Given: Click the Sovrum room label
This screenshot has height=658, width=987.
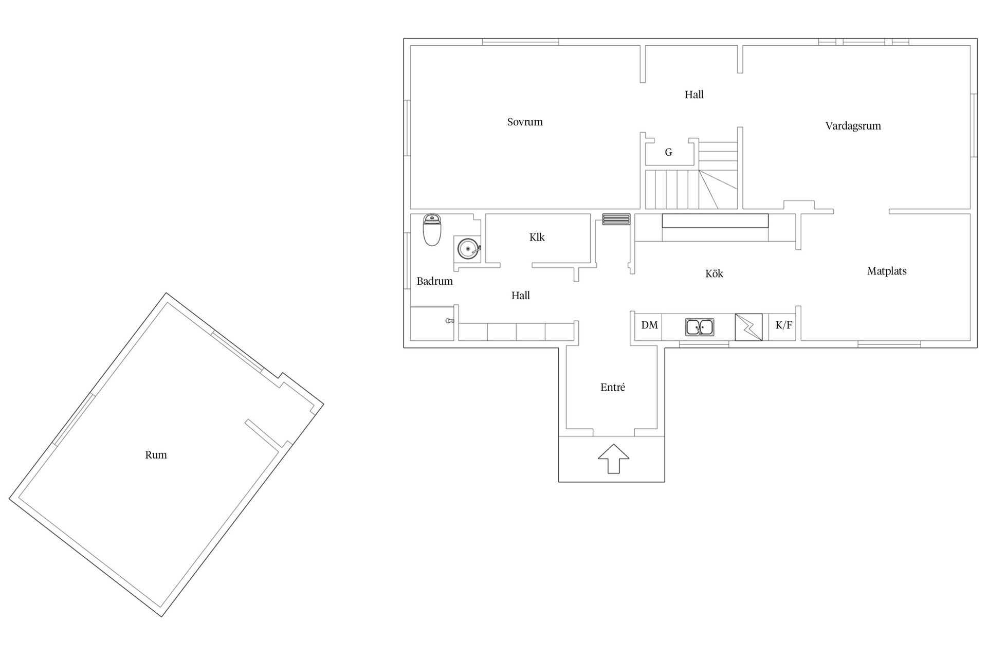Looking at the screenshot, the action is pyautogui.click(x=525, y=122).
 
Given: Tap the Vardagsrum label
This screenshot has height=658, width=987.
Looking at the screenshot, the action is pyautogui.click(x=853, y=126).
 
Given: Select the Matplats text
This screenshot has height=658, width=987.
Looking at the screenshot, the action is pyautogui.click(x=887, y=271).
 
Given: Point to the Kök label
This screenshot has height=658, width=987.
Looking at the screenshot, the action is pyautogui.click(x=714, y=273).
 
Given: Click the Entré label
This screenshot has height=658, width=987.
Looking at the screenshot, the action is pyautogui.click(x=613, y=387).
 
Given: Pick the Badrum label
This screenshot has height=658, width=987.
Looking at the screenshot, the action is pyautogui.click(x=434, y=281).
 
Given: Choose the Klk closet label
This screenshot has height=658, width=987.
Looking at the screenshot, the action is pyautogui.click(x=537, y=237).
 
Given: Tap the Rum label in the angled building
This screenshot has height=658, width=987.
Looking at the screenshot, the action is pyautogui.click(x=156, y=455).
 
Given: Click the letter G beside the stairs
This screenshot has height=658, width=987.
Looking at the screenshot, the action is pyautogui.click(x=669, y=152).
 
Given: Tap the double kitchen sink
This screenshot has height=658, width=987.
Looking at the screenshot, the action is pyautogui.click(x=699, y=327).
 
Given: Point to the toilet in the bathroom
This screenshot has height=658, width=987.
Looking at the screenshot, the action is pyautogui.click(x=432, y=230).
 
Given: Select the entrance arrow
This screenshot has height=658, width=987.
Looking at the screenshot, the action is pyautogui.click(x=614, y=459).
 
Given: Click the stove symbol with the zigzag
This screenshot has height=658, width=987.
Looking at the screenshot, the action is pyautogui.click(x=748, y=327).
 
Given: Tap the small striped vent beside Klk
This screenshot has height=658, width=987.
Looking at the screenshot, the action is pyautogui.click(x=616, y=219).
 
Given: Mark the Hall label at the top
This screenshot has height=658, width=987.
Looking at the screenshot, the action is pyautogui.click(x=694, y=95).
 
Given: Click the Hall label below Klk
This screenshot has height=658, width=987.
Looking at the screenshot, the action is pyautogui.click(x=521, y=296).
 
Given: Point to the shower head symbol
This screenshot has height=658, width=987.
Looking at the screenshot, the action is pyautogui.click(x=450, y=321).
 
